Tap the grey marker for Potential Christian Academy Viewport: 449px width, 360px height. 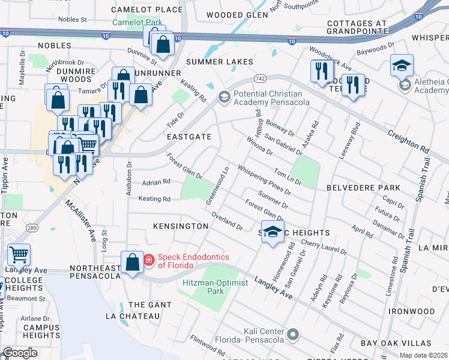coord(224,97)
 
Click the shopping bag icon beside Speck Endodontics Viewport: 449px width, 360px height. coord(131,263)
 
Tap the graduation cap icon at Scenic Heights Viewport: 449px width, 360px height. coord(273,232)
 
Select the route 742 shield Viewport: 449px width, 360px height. coord(260,79)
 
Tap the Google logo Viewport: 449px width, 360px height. coord(20,353)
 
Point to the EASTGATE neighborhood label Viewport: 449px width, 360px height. coord(190,137)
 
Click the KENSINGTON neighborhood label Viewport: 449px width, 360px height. coord(180,226)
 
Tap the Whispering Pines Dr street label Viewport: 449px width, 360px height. coord(264,180)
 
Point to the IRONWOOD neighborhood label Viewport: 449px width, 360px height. coord(411,311)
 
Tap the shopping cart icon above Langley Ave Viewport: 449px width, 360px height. coord(19,255)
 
